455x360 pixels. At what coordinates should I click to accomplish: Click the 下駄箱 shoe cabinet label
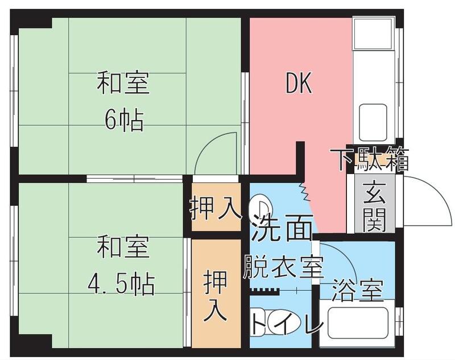370,159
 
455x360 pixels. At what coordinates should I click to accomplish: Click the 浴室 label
356,290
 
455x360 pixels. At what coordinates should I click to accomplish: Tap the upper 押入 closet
216,208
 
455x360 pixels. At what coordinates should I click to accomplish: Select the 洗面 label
282,228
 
